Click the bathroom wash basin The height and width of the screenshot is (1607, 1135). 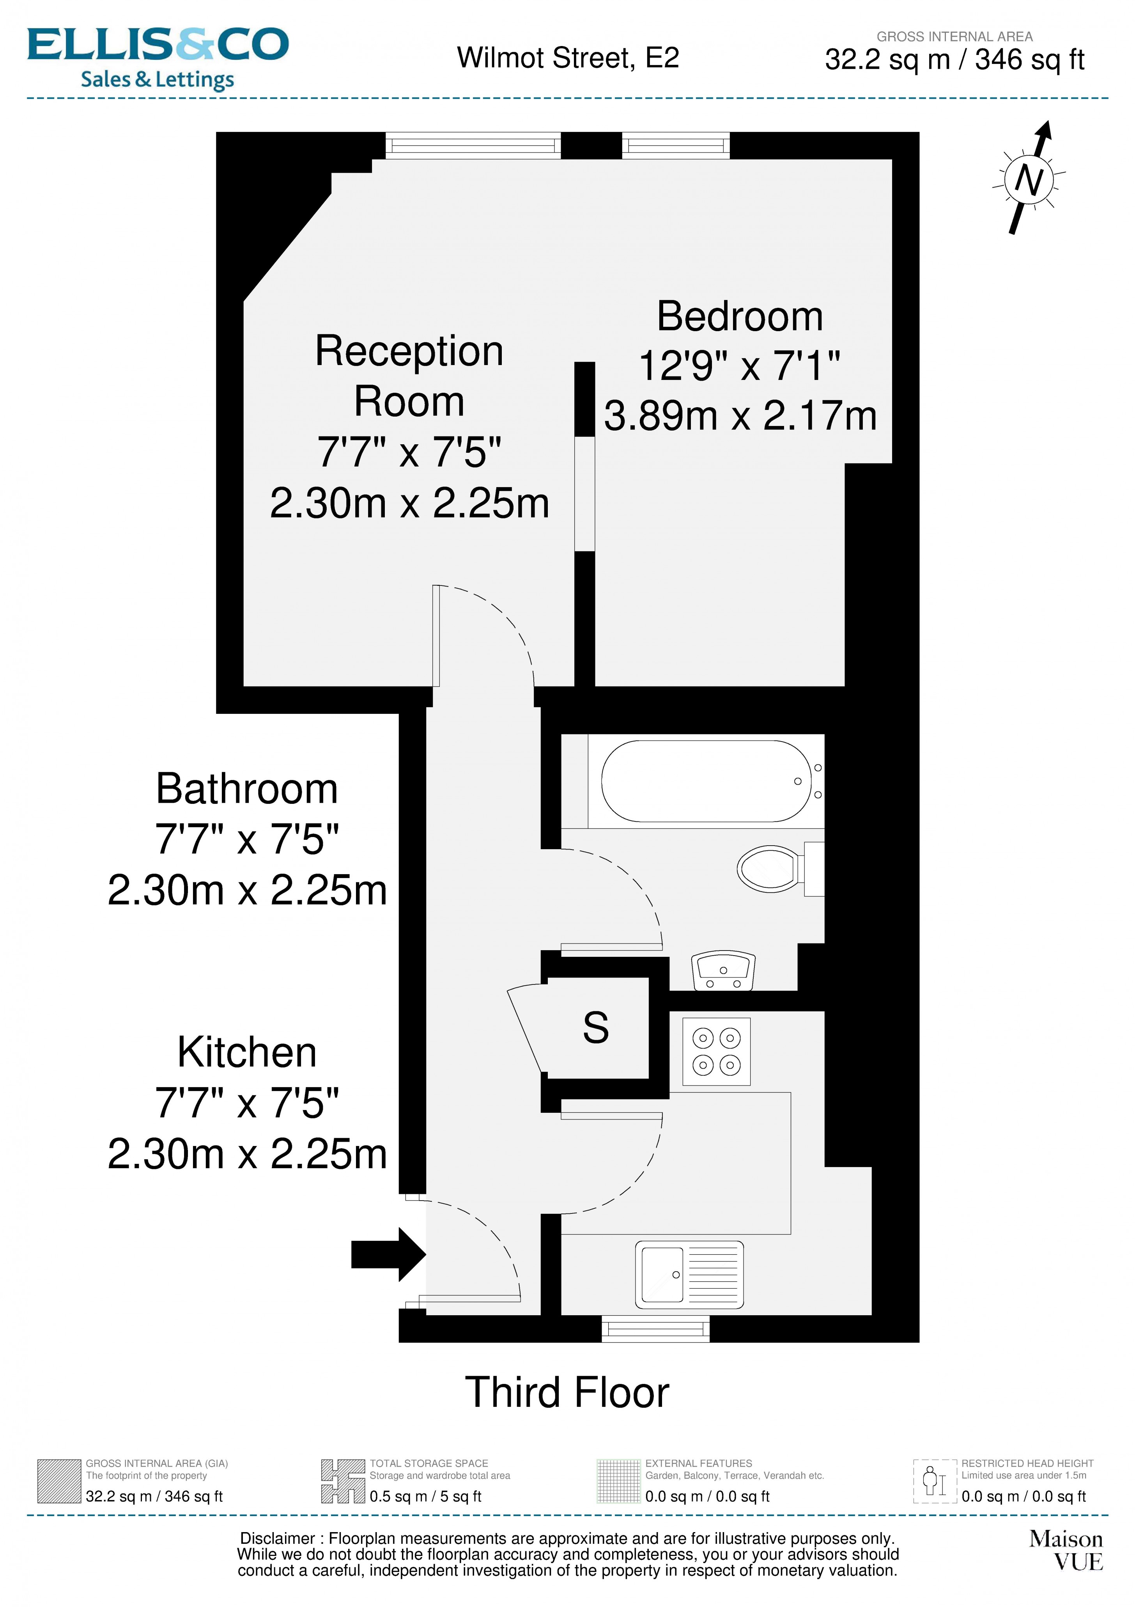pos(723,971)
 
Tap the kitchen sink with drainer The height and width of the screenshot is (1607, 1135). pos(689,1275)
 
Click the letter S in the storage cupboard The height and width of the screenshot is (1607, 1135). pos(595,1027)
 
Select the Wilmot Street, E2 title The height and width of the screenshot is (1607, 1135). pos(568,58)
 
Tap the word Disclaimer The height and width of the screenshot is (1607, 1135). pos(277,1538)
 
